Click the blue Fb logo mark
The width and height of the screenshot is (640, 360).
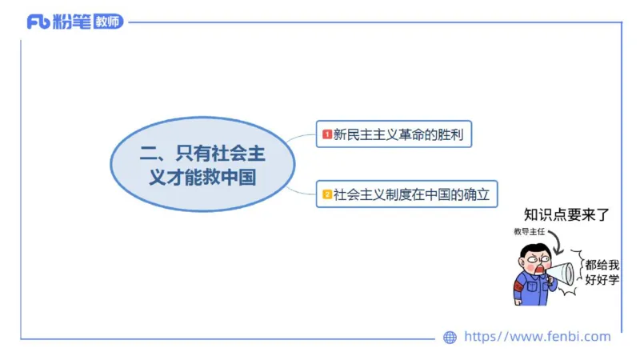pyautogui.click(x=38, y=22)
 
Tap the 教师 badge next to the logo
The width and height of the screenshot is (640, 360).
pyautogui.click(x=109, y=22)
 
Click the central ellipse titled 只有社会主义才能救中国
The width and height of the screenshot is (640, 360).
pyautogui.click(x=202, y=164)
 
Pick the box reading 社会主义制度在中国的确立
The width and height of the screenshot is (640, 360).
pyautogui.click(x=406, y=194)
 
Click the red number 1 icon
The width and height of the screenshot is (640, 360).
pyautogui.click(x=326, y=134)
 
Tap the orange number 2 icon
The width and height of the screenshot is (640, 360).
pyautogui.click(x=326, y=194)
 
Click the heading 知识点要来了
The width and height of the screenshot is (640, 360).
pyautogui.click(x=566, y=214)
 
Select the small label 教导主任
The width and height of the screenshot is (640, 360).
pyautogui.click(x=529, y=232)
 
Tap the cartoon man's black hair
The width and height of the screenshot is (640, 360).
pyautogui.click(x=531, y=251)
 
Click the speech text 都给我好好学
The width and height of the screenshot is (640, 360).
pyautogui.click(x=602, y=272)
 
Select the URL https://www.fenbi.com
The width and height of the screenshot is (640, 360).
pyautogui.click(x=537, y=337)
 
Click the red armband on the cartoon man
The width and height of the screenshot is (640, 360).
pyautogui.click(x=519, y=285)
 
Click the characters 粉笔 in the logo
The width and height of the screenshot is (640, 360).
pyautogui.click(x=71, y=22)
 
